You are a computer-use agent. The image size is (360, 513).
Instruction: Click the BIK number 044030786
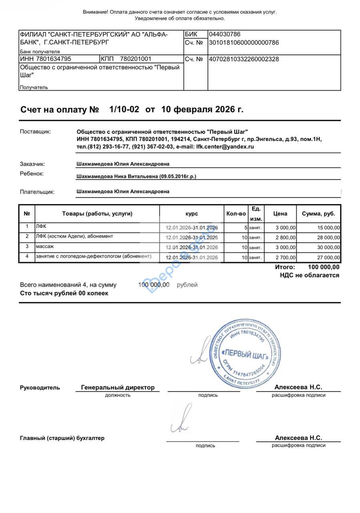[225, 34]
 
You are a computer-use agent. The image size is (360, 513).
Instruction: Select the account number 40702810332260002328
[244, 59]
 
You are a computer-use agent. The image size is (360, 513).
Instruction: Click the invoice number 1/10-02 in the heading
[124, 109]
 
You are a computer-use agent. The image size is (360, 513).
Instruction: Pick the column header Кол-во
[236, 214]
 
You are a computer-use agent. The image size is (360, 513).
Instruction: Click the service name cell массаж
[45, 246]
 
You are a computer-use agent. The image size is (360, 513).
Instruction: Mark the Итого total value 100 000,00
[324, 267]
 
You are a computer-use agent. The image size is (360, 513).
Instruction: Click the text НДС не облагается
[310, 275]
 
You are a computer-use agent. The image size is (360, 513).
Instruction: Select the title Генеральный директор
[118, 388]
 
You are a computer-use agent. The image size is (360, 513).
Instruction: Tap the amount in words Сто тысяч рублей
[64, 293]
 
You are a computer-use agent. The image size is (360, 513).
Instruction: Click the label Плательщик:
[37, 192]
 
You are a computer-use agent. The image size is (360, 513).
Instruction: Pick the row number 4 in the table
[27, 256]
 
